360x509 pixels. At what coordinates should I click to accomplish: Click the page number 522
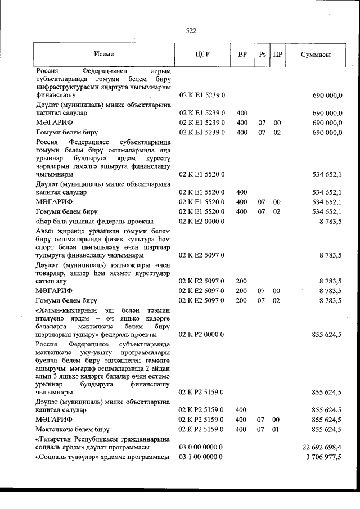tap(190, 31)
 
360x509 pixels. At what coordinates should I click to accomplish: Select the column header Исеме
tap(103, 55)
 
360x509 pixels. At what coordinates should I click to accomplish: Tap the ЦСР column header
tap(201, 55)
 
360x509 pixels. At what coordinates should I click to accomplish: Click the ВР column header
tap(242, 55)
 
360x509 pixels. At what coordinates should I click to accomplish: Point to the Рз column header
tap(262, 55)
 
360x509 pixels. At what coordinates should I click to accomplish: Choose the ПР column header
tap(277, 55)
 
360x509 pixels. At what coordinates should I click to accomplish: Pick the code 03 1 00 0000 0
tap(201, 457)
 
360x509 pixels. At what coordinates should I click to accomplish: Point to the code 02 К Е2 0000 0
tap(202, 222)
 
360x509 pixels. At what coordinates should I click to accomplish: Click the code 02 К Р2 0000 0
tap(202, 334)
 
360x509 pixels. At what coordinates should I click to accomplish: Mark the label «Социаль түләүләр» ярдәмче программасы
tap(102, 457)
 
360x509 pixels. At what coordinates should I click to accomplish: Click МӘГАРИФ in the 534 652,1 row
tap(53, 201)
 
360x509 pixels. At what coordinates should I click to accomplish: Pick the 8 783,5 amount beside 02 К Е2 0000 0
tap(331, 222)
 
